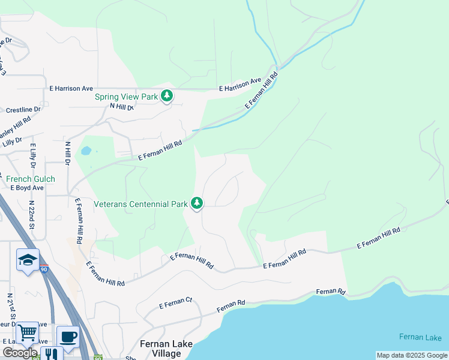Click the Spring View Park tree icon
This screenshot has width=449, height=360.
[x=167, y=95]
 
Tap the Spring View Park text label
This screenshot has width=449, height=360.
[x=126, y=97]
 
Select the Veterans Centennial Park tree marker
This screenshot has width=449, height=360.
[x=197, y=203]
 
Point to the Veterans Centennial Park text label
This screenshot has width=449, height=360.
[x=141, y=204]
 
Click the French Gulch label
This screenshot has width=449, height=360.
[x=31, y=179]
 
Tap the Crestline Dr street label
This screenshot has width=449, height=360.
[x=23, y=110]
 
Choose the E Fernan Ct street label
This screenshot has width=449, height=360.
[x=175, y=304]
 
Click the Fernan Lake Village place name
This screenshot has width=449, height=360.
[x=160, y=349]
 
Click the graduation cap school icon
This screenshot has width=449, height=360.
[x=28, y=260]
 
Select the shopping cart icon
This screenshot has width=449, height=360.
[x=27, y=332]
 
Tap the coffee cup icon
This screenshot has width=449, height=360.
[x=68, y=337]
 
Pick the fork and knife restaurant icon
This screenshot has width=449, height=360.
[x=52, y=354]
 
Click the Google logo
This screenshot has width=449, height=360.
[x=19, y=353]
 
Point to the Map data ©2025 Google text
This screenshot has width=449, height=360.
[x=411, y=355]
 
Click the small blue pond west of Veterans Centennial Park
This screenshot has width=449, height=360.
[x=86, y=150]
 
